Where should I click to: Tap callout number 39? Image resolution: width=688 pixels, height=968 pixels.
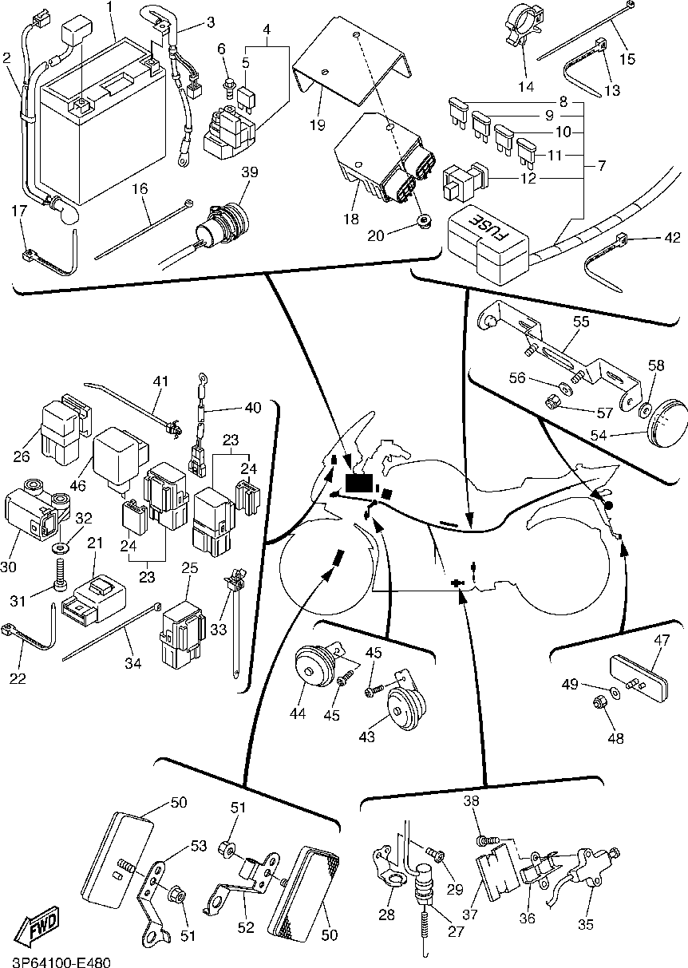point(251,173)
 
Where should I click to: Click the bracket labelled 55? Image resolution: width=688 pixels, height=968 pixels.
point(559,351)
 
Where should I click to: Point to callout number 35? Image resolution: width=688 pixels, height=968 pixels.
point(586,926)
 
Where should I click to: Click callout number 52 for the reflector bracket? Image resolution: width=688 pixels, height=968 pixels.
point(246,927)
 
